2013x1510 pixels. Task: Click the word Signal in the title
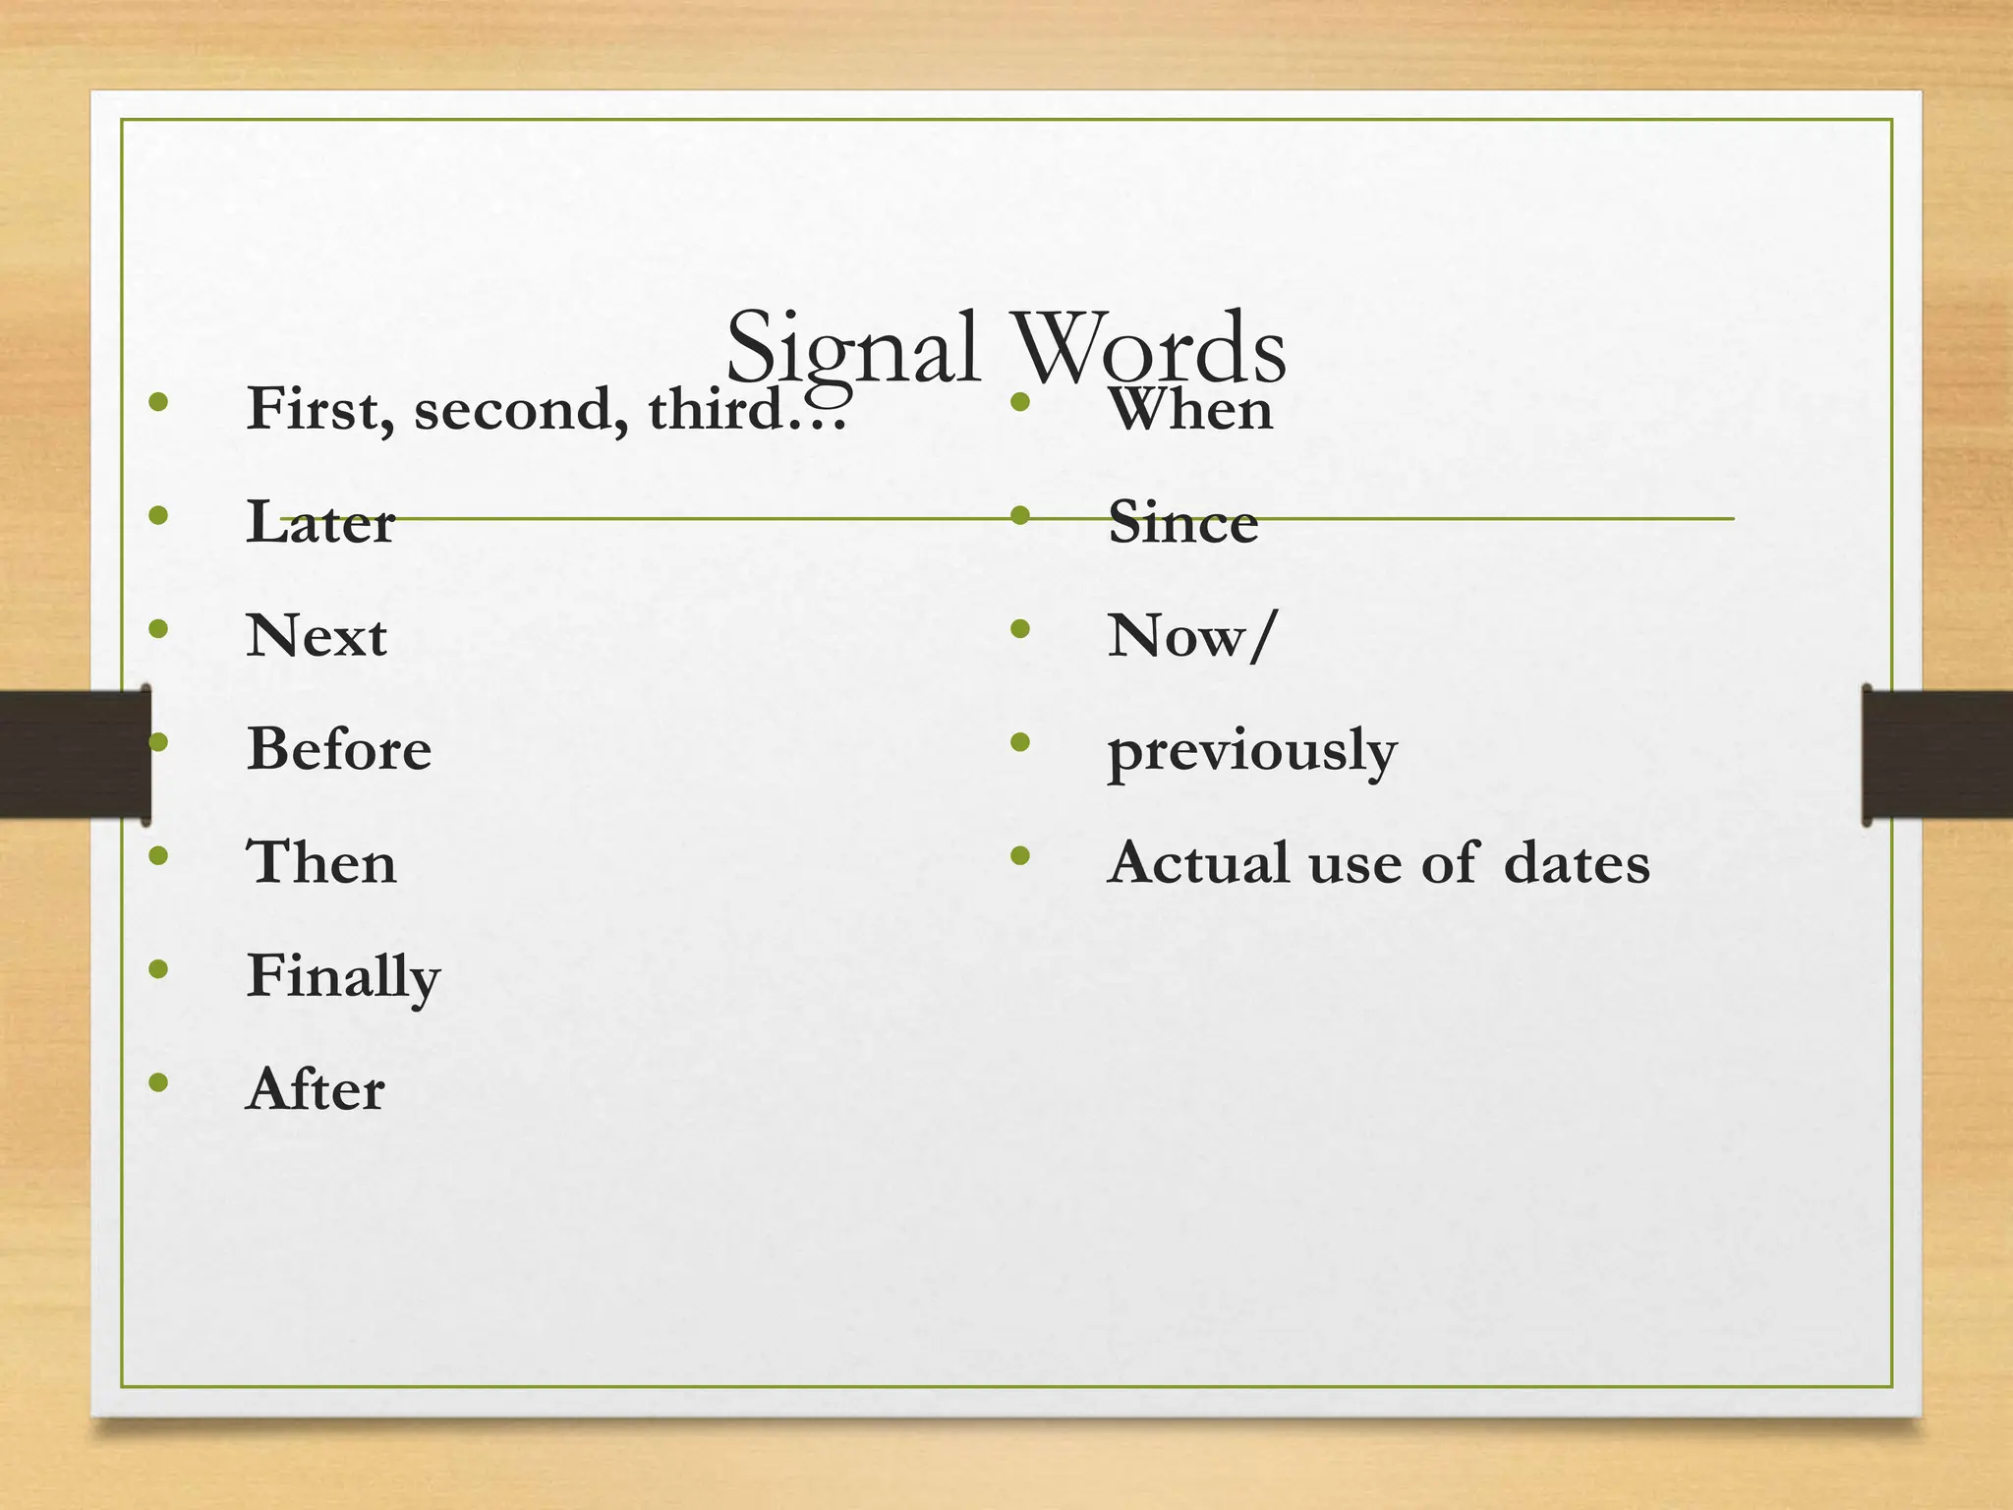[852, 349]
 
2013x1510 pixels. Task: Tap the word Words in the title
[1149, 349]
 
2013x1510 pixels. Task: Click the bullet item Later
[320, 522]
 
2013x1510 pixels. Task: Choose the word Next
[316, 636]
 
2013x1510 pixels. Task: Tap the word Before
[339, 749]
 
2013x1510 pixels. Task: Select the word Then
[321, 863]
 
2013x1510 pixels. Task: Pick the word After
[316, 1090]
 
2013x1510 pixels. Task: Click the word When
[1190, 409]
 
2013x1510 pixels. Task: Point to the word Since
[1182, 522]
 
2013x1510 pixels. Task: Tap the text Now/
[1192, 636]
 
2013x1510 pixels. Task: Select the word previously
[1252, 752]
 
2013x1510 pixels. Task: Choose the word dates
[1577, 863]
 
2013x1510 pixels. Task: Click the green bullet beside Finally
[158, 970]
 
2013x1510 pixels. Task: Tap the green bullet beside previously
[1020, 742]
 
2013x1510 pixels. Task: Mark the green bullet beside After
[158, 1083]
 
